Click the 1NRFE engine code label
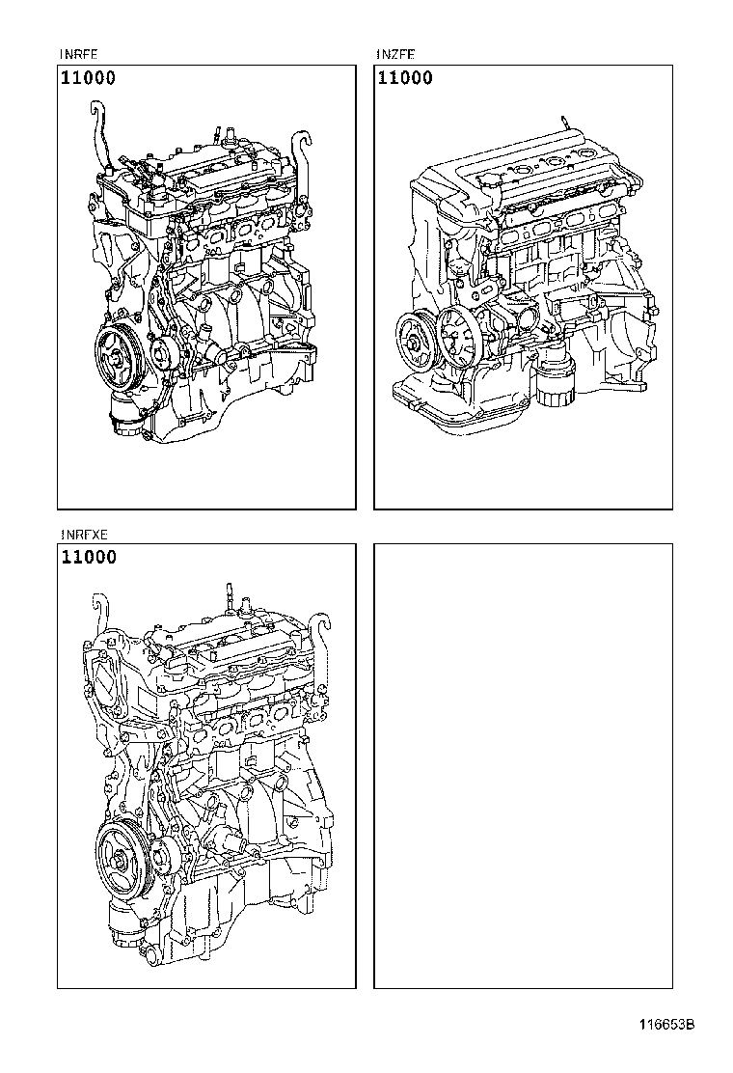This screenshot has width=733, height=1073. coord(78,55)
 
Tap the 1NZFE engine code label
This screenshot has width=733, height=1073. coord(395,55)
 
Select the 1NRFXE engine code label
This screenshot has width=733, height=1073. coord(83,534)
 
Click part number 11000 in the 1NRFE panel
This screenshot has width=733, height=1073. coord(88,78)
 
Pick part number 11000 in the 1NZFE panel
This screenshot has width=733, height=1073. coord(405,78)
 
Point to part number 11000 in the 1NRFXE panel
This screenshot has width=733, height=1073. coord(88,557)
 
